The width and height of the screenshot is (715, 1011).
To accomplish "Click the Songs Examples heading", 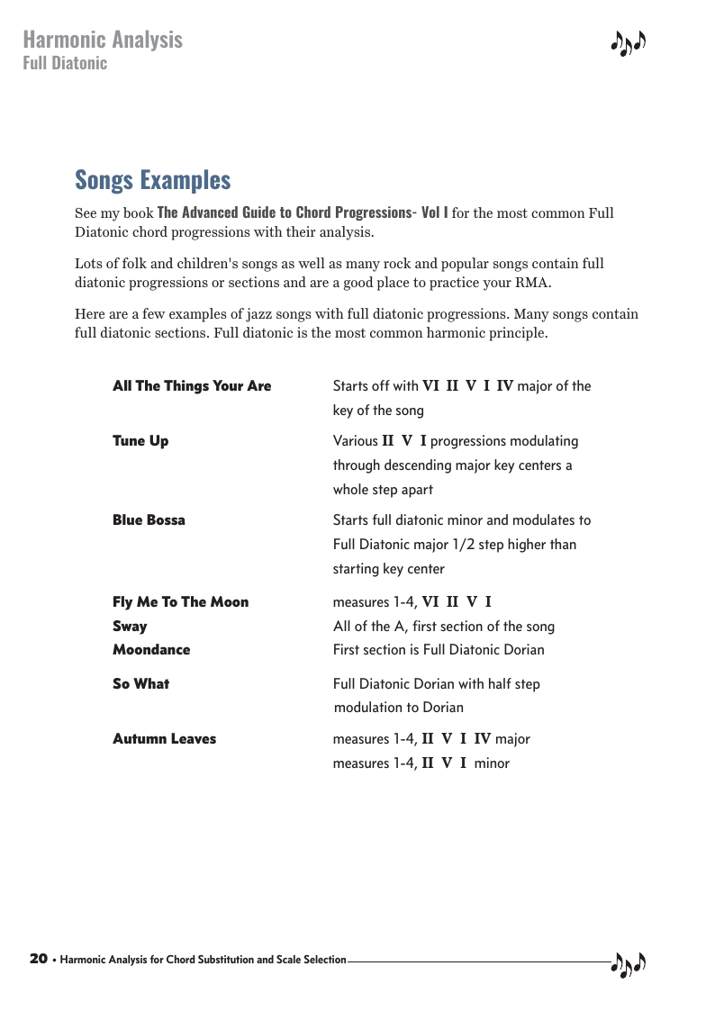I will click(152, 180).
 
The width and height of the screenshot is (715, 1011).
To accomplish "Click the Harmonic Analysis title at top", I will click(102, 40).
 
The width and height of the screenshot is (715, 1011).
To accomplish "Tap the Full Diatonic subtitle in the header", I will click(65, 63).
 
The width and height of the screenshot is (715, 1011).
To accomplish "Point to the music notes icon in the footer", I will click(629, 964).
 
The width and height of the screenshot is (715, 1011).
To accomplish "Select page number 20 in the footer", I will click(38, 959).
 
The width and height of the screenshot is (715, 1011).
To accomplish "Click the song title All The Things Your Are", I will click(192, 386).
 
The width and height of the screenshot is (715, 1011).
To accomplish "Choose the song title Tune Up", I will click(140, 441).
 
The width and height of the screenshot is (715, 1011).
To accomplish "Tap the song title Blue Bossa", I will click(149, 520).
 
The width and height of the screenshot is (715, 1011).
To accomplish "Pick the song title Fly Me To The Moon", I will click(180, 602).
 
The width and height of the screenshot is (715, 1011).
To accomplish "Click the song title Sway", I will click(130, 627).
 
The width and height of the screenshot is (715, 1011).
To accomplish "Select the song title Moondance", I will click(151, 650).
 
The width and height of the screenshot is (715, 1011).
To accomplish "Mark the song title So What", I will click(140, 684).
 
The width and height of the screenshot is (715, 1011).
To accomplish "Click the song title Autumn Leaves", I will click(164, 739).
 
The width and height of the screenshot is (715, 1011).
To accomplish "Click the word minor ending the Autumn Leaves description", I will click(492, 763).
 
